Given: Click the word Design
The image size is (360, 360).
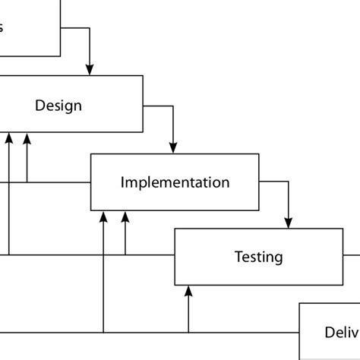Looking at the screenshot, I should (58, 105).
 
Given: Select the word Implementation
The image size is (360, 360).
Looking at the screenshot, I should (175, 182).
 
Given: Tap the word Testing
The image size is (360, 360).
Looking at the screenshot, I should (258, 257).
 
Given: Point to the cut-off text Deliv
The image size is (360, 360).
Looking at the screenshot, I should (341, 332).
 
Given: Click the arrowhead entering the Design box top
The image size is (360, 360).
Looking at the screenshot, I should (90, 70).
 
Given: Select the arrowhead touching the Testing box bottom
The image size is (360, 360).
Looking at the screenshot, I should (188, 291).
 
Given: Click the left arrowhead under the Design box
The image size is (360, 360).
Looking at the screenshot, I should (9, 138).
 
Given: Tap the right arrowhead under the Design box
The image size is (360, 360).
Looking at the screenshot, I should (27, 138).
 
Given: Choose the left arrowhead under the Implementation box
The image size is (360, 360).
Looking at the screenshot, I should (103, 216).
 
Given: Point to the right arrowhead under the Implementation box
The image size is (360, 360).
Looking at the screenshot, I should (125, 216).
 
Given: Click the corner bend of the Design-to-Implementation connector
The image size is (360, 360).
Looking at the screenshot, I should (173, 106).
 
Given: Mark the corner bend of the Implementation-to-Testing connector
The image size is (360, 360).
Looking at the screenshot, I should (289, 182).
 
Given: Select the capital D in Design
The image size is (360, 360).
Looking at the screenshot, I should (40, 105).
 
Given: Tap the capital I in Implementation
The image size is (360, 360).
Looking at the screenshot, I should (123, 182).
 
